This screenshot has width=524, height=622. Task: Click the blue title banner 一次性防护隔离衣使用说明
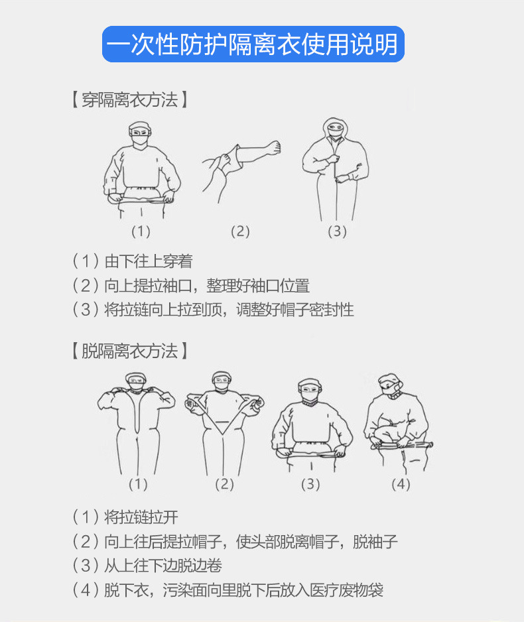pos(253,44)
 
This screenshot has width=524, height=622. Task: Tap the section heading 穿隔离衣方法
pos(129,99)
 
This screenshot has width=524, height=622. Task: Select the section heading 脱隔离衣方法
pos(129,351)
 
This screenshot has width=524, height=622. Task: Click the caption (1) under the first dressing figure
pos(141,231)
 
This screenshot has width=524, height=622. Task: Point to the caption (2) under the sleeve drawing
pos(240,231)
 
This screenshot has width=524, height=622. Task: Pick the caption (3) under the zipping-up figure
pos(337,231)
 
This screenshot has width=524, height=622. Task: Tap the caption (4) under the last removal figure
pos(401,484)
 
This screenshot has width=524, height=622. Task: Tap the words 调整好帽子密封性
pos(295,310)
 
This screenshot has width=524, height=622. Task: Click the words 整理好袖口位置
pos(258,286)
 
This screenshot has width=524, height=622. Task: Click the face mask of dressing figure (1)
pos(140,141)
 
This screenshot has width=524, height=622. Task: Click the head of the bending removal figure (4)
pos(390,385)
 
